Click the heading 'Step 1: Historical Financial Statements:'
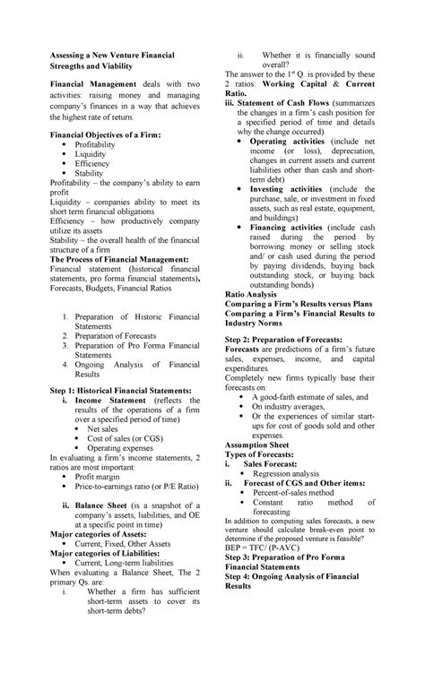pos(120,392)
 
